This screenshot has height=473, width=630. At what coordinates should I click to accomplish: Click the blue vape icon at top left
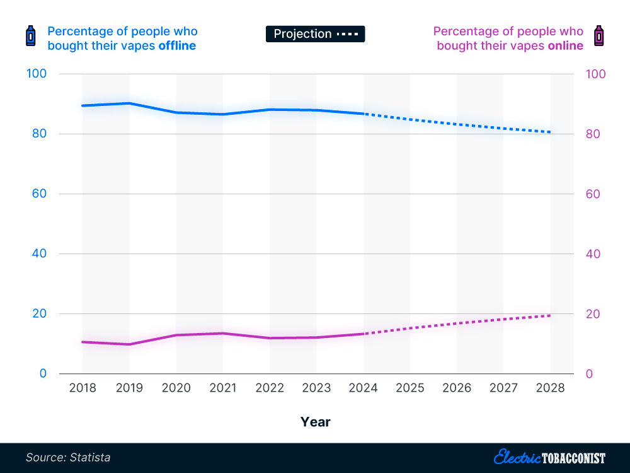click(x=30, y=37)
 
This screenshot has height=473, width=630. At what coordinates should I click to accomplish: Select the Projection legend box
click(x=315, y=34)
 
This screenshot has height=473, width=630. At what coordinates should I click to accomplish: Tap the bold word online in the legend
click(x=565, y=46)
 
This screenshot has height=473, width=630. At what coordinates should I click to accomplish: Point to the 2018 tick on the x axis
click(x=83, y=388)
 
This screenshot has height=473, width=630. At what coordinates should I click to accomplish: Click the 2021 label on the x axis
click(x=223, y=388)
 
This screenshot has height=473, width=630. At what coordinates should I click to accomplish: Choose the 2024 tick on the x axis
click(x=364, y=388)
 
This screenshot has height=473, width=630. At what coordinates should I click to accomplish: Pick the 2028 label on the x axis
click(x=551, y=388)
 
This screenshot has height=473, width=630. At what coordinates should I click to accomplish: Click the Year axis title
click(x=315, y=422)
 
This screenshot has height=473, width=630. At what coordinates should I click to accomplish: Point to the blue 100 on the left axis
click(x=37, y=74)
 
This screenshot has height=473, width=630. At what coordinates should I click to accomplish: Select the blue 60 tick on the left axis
click(x=39, y=194)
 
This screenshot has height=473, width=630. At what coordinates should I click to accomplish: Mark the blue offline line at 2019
click(x=129, y=103)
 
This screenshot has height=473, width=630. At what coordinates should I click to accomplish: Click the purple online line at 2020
click(x=176, y=335)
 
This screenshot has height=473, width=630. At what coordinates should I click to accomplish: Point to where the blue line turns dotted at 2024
click(x=364, y=114)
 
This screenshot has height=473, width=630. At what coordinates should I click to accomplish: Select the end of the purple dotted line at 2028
click(x=550, y=315)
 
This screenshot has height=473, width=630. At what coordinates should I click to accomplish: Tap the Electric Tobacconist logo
click(x=549, y=457)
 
